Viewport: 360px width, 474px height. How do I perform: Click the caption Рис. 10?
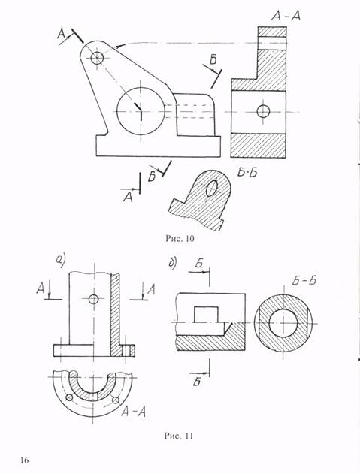[180, 239]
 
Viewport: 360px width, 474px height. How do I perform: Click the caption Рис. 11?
[178, 436]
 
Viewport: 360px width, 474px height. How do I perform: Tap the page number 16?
[25, 460]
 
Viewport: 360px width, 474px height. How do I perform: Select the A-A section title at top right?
[286, 16]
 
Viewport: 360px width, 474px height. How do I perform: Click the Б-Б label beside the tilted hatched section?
[247, 173]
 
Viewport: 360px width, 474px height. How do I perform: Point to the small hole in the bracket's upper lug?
[97, 57]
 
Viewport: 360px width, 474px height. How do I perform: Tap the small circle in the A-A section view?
[263, 111]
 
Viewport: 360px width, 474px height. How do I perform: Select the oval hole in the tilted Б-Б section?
[211, 188]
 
